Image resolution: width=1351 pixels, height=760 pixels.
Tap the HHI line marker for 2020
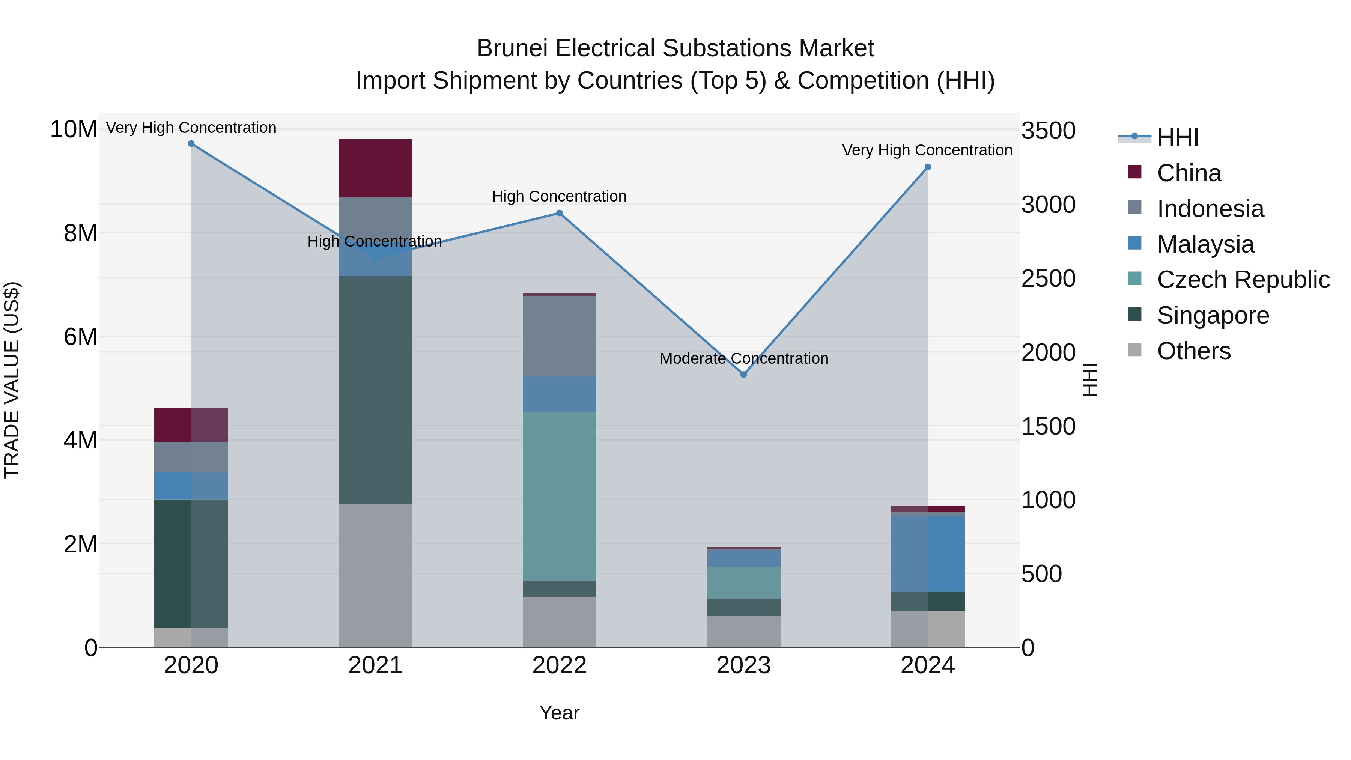pyautogui.click(x=191, y=144)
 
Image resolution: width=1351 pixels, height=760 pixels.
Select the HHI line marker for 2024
pyautogui.click(x=927, y=167)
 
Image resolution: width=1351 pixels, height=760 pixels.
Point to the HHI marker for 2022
pyautogui.click(x=559, y=213)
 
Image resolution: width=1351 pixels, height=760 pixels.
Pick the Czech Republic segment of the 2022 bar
pyautogui.click(x=559, y=496)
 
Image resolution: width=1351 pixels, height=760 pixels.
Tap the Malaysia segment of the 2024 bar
pyautogui.click(x=927, y=554)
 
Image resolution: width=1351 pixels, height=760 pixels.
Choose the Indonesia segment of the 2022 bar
pyautogui.click(x=559, y=336)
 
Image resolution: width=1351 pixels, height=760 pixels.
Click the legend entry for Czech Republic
pyautogui.click(x=1243, y=280)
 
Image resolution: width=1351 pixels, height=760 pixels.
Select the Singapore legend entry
pyautogui.click(x=1213, y=315)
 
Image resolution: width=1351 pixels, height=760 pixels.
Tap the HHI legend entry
pyautogui.click(x=1177, y=137)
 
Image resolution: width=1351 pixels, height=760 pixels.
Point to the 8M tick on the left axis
pyautogui.click(x=80, y=233)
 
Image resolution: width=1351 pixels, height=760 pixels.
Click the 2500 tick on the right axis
pyautogui.click(x=1048, y=278)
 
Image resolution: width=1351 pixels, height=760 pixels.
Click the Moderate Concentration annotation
pyautogui.click(x=744, y=358)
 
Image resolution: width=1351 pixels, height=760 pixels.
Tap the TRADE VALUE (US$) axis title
pyautogui.click(x=12, y=380)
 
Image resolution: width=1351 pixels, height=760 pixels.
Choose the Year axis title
pyautogui.click(x=559, y=713)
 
